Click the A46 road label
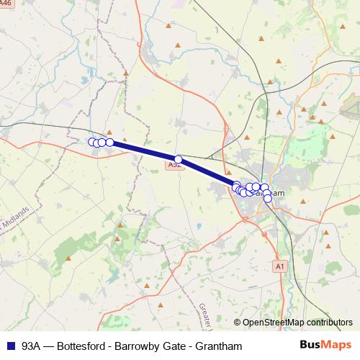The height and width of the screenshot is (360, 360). click(7, 4)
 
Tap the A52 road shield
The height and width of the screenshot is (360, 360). click(174, 165)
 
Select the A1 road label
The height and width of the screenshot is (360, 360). click(280, 266)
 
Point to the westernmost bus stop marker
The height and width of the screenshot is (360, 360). click(91, 142)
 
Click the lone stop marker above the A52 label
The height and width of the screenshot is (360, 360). click(178, 159)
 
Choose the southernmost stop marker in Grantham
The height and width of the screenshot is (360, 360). click(268, 199)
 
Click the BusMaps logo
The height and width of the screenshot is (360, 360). click(325, 345)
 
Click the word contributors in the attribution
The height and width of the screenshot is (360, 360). click(329, 323)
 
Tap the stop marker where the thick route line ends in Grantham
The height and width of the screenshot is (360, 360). click(236, 186)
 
